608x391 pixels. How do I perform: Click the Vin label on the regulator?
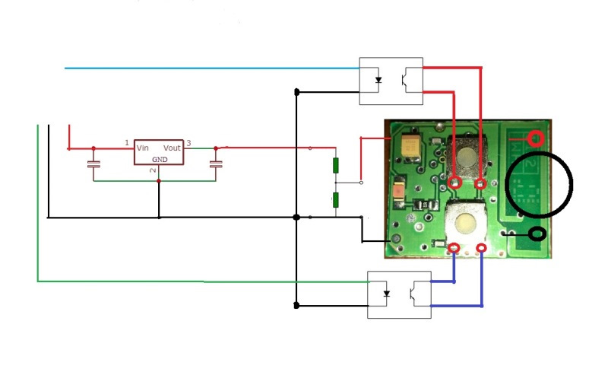click(143, 148)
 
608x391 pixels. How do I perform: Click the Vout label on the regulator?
click(172, 148)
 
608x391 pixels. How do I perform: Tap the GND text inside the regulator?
click(160, 160)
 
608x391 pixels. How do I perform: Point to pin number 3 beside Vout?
click(188, 143)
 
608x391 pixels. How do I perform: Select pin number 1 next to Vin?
click(127, 143)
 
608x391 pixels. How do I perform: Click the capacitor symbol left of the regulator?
click(93, 164)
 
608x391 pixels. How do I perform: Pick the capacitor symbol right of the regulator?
click(216, 164)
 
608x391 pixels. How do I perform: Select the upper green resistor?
click(335, 166)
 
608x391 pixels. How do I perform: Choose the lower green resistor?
click(335, 200)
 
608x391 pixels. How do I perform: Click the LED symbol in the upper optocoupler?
click(378, 79)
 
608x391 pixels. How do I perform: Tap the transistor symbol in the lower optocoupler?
click(415, 293)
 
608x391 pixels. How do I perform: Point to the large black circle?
click(539, 184)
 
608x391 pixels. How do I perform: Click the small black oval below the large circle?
click(537, 234)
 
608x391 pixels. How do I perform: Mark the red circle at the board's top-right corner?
click(537, 139)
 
